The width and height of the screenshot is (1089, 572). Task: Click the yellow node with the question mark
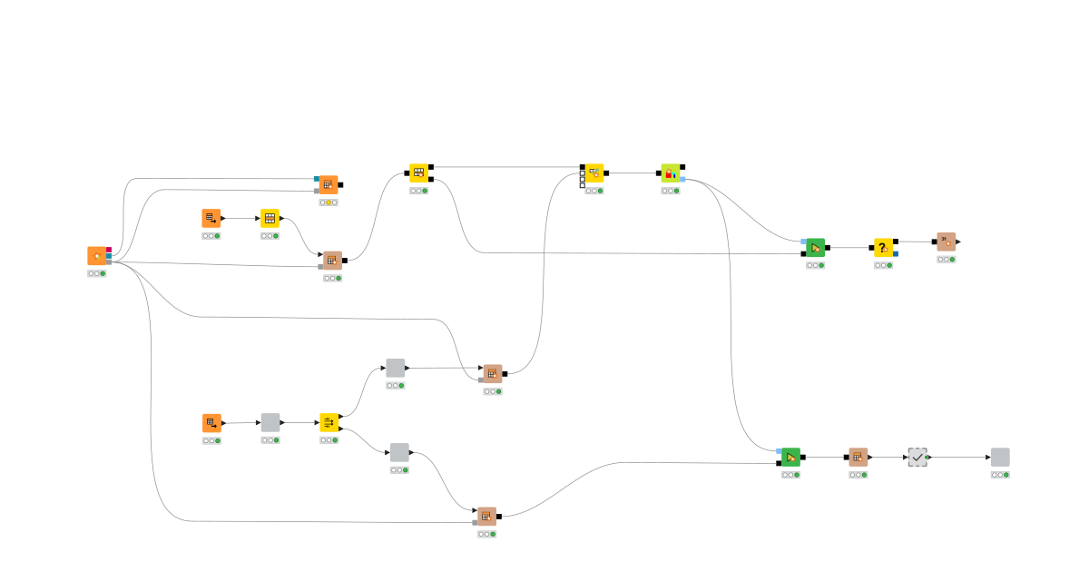pos(883,248)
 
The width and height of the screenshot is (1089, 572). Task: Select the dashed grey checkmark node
pos(917,458)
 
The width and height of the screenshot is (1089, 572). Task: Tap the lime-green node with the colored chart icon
pos(671,173)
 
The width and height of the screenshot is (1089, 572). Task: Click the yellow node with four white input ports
pos(594,173)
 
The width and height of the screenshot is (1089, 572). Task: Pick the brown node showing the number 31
pos(947,242)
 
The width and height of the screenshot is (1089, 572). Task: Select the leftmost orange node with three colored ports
pos(97,256)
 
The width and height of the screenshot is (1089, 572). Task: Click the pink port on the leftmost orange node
pos(109,250)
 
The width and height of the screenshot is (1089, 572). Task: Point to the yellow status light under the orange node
pos(329,202)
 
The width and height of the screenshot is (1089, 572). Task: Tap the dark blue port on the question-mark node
pos(896,254)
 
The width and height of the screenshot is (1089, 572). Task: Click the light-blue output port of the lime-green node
pos(682,179)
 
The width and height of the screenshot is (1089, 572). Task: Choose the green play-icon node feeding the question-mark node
pos(815,248)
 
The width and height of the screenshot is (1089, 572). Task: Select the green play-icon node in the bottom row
pos(790,457)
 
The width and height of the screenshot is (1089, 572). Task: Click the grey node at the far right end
pos(1000,458)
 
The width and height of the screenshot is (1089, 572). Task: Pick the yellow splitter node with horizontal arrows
pos(329,422)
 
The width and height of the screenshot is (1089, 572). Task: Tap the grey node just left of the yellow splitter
pos(270,422)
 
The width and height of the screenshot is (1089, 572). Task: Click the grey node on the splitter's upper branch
pos(395,368)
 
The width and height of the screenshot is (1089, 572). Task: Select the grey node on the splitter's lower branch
pos(399,452)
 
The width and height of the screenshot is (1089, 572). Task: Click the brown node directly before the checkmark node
pos(858,457)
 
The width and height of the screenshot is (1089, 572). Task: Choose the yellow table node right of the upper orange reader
pos(270,218)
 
